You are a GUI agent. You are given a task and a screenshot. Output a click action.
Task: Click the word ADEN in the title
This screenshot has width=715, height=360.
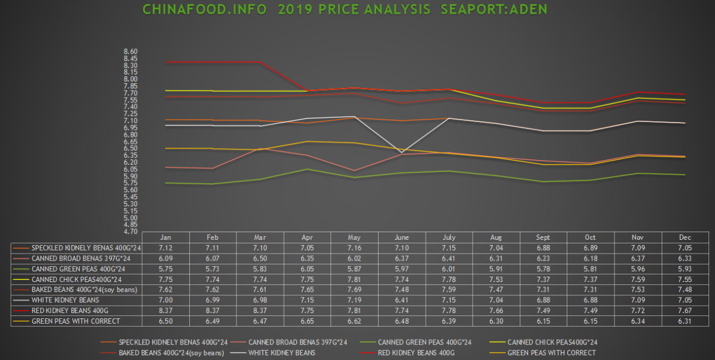[522, 10]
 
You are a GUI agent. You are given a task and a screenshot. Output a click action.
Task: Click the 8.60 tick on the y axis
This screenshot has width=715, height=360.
[130, 52]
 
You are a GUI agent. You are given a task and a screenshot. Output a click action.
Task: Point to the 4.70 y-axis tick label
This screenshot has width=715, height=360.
[130, 231]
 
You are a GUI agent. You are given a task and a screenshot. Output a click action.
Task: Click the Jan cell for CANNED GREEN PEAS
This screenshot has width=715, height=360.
[166, 268]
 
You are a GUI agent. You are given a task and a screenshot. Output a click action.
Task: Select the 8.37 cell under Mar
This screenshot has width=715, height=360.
[260, 311]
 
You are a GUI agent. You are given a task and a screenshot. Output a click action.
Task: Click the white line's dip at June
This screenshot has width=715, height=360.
[403, 154]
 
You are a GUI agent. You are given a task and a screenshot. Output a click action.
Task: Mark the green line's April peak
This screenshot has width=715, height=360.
[307, 169]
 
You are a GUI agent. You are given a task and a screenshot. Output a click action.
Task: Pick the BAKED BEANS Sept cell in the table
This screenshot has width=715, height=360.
[544, 290]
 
